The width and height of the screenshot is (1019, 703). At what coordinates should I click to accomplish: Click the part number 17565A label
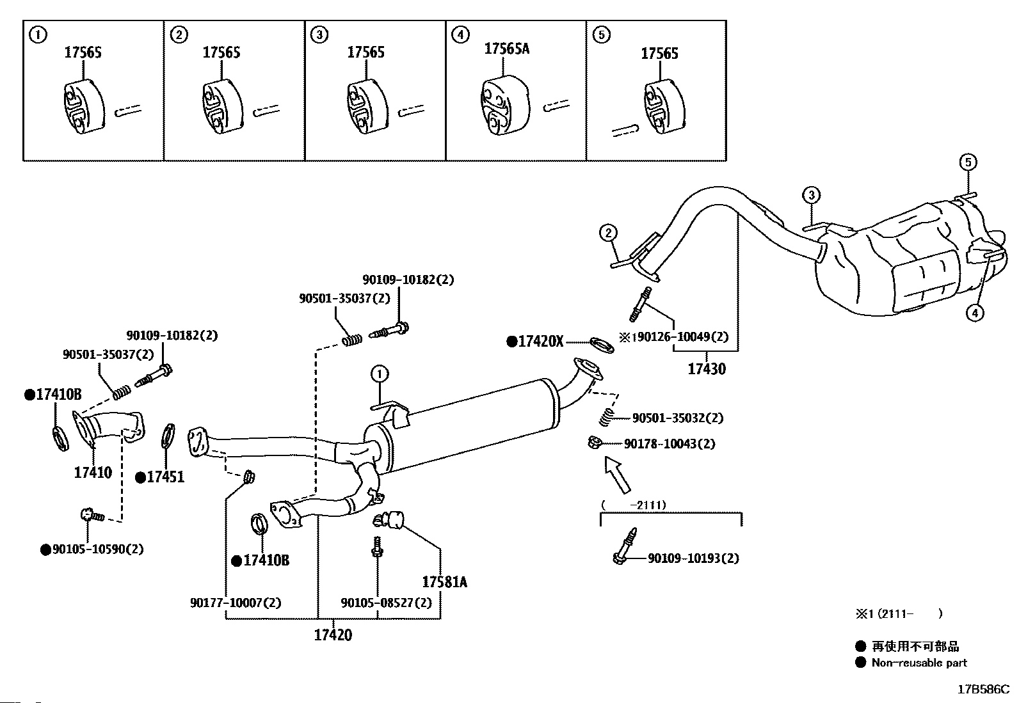[507, 49]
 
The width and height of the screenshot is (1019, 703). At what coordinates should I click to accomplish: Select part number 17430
[707, 369]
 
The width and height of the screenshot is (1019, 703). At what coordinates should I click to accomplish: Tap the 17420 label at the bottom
[333, 635]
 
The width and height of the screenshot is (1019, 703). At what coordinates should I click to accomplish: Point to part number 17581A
[444, 582]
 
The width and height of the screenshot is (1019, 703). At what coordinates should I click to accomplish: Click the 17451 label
[164, 477]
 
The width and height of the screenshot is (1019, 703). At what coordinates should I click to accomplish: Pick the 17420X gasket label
[540, 342]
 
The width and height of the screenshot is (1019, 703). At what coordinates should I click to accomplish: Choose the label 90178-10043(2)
[670, 443]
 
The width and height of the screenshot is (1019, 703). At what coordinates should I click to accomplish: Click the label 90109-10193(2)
[693, 558]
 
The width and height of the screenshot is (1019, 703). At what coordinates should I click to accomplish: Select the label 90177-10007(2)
[236, 603]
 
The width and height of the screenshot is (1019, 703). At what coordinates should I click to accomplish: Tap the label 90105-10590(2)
[98, 549]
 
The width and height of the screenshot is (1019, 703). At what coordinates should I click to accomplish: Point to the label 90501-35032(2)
[677, 418]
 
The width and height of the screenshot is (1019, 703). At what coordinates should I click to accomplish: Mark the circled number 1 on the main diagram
[379, 373]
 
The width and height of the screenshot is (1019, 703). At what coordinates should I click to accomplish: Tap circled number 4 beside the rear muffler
[975, 313]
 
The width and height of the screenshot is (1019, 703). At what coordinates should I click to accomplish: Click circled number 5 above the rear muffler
[968, 162]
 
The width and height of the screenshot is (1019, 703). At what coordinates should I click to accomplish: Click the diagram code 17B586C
[983, 690]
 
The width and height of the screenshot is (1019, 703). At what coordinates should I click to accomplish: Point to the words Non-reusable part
[919, 663]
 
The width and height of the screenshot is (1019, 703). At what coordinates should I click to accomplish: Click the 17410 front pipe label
[93, 473]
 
